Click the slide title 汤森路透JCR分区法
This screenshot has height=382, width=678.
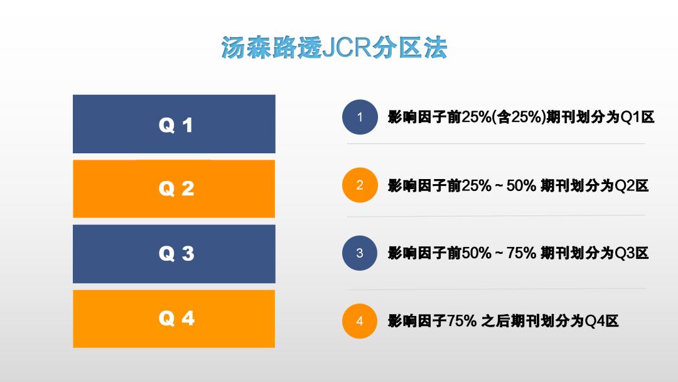click(334, 47)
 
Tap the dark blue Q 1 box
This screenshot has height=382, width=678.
click(174, 124)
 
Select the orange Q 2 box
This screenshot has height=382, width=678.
click(174, 188)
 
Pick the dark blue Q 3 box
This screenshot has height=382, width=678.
click(174, 254)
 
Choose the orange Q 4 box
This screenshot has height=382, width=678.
click(174, 319)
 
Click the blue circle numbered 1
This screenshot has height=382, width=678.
click(360, 117)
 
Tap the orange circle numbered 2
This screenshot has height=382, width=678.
click(360, 185)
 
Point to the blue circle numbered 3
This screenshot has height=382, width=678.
click(360, 253)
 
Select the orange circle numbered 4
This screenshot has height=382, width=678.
click(360, 321)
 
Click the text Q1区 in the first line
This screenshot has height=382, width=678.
click(637, 117)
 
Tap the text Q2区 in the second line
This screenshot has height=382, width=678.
click(632, 185)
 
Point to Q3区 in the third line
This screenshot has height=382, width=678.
click(632, 253)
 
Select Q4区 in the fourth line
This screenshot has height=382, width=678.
click(601, 321)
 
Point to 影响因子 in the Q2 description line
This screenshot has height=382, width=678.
click(417, 185)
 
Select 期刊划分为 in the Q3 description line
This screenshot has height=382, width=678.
click(578, 253)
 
